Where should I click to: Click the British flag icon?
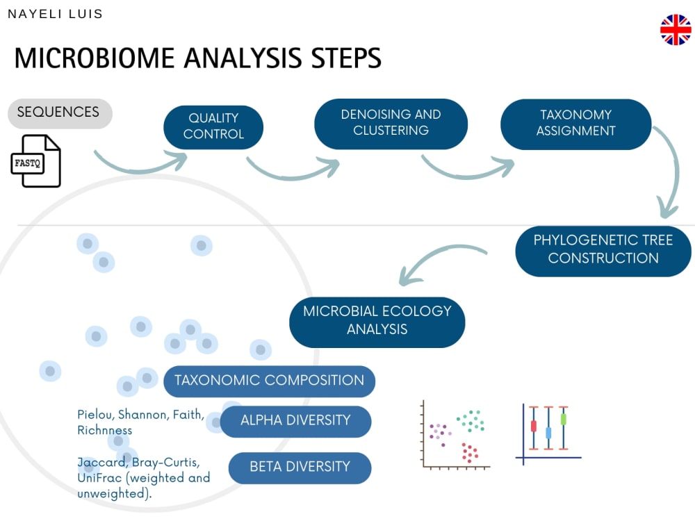point(676,30)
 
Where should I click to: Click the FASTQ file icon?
point(36,161)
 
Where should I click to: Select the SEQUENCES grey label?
point(59,113)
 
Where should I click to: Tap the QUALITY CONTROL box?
point(213,126)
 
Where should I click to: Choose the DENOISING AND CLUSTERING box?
point(391,123)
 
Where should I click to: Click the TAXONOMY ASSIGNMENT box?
point(575,123)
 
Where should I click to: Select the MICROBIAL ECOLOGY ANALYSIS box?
point(377,320)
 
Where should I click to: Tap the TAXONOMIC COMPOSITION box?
point(269,381)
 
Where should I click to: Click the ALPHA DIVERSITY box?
point(295,420)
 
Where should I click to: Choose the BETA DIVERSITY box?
point(300,467)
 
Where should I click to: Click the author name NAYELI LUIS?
point(55,14)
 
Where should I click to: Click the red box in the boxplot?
point(534,426)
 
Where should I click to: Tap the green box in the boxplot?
point(564,420)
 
